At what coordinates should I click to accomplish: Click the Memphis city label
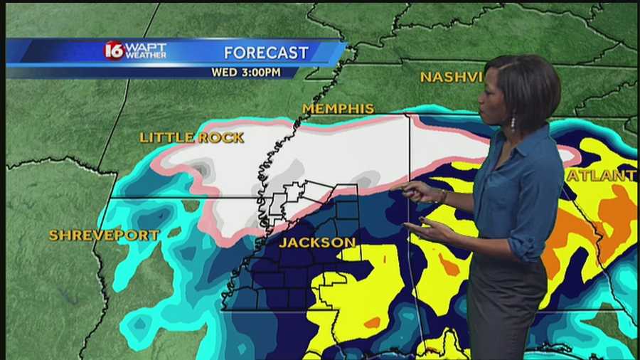tap(338, 109)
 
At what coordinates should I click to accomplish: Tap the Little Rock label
tap(191, 137)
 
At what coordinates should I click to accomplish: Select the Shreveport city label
tap(103, 235)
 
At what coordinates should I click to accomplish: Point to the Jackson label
tap(317, 243)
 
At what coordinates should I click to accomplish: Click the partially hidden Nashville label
tap(451, 77)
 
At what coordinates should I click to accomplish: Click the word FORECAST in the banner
tap(266, 53)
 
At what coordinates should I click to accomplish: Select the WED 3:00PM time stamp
tap(245, 72)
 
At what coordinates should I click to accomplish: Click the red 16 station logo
tap(114, 51)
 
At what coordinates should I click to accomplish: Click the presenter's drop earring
tap(512, 122)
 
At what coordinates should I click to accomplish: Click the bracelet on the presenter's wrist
tap(443, 196)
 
